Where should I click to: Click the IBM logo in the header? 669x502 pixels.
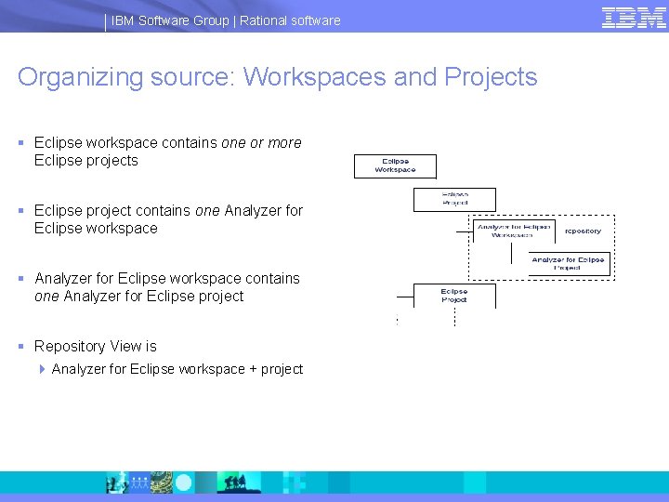pos(634,18)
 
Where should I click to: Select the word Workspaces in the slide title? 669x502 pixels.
pos(313,77)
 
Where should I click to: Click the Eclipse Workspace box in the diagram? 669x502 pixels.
pos(395,166)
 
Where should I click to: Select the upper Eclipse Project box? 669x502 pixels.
pos(454,200)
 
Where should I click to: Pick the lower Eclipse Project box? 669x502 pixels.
pos(454,296)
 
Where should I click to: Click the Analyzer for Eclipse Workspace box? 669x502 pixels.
pos(514,231)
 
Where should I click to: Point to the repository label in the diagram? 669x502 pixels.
pos(583,231)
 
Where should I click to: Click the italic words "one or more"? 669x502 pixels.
pos(261,143)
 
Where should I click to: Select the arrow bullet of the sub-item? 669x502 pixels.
pos(43,369)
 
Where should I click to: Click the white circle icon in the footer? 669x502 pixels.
pos(184,482)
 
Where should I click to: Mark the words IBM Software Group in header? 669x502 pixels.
pos(168,20)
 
